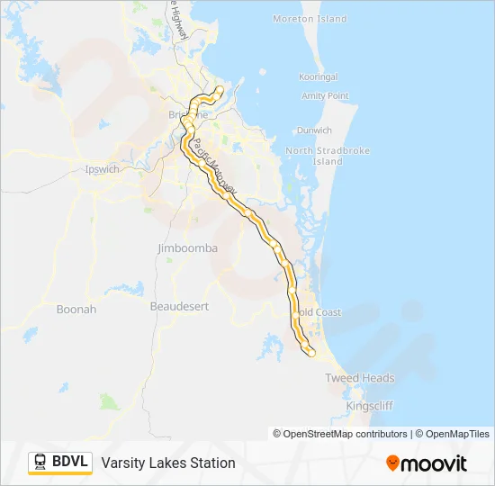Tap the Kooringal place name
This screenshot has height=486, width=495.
tap(319, 77)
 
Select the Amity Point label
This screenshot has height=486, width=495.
tap(326, 95)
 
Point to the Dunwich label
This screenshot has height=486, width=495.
tap(314, 130)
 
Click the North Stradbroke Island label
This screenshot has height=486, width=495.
tap(314, 156)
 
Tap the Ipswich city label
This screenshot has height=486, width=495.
tap(101, 169)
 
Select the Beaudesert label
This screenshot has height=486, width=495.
tap(179, 307)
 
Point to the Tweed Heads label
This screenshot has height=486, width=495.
tap(360, 378)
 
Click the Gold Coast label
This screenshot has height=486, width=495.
tap(319, 312)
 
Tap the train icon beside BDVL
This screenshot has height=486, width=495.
tap(40, 463)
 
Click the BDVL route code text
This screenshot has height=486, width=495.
tap(70, 463)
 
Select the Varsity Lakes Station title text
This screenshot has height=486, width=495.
tap(168, 463)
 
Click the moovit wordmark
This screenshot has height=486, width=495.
tap(434, 463)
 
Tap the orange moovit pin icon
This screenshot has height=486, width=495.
tap(392, 463)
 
